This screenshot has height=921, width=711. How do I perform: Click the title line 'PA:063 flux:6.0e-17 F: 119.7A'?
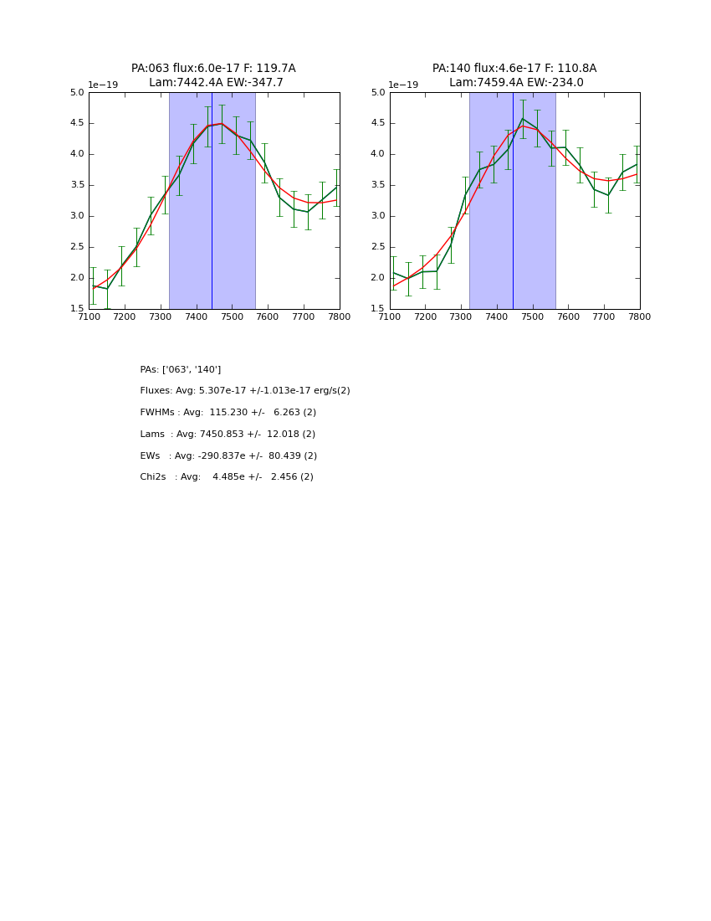213,69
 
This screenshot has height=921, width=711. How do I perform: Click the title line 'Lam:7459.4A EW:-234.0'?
516,83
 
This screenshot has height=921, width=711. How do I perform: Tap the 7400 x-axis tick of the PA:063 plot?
196,316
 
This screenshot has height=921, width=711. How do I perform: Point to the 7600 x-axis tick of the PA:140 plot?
568,316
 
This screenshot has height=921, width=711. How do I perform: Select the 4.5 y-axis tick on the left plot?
77,123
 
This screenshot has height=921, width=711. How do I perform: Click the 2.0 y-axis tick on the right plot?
378,278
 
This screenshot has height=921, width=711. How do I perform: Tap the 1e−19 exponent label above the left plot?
103,85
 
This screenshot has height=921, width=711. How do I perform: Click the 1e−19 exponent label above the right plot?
403,85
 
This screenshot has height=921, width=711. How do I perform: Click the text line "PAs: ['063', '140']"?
181,369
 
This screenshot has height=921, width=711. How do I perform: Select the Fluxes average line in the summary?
245,391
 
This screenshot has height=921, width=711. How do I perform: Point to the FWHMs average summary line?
228,413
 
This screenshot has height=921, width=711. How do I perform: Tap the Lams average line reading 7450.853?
228,435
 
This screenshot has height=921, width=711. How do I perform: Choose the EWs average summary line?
228,456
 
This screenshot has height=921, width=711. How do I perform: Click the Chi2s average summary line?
227,477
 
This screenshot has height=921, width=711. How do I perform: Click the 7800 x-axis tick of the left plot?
339,316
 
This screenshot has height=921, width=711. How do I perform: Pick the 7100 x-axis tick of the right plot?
390,316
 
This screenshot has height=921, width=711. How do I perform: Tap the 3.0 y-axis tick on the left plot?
77,216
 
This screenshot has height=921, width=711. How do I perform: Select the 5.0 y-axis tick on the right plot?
378,93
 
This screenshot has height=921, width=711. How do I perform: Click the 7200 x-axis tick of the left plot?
125,316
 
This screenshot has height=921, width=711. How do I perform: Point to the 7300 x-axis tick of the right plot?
461,316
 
